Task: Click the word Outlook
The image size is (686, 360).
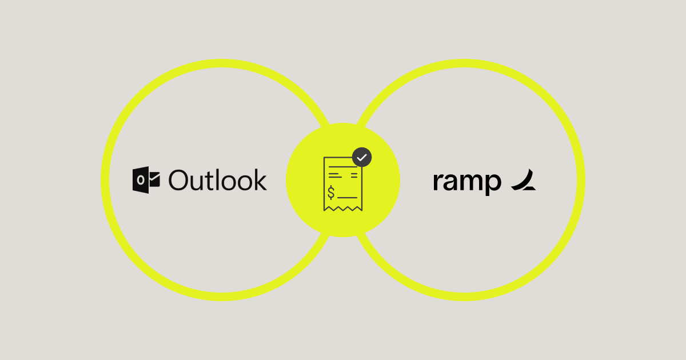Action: [218, 180]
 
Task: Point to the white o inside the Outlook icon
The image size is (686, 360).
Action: [141, 181]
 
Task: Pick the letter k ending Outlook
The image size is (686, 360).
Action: [261, 179]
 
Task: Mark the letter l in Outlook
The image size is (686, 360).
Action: [221, 179]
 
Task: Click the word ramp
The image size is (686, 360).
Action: [466, 181]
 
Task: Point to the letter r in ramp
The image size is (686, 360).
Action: [437, 182]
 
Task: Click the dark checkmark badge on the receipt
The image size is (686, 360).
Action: [362, 157]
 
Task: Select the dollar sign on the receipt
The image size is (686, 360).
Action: [332, 194]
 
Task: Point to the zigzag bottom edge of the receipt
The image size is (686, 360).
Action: [343, 209]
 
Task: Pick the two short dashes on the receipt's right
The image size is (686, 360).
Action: [354, 173]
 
